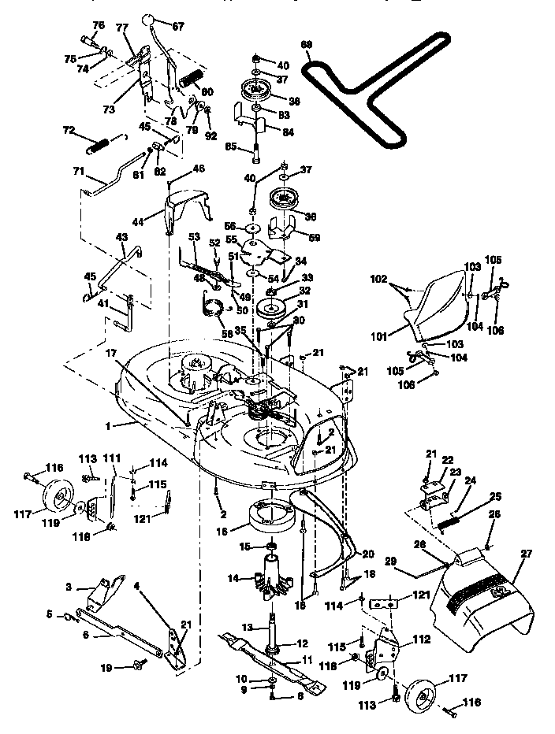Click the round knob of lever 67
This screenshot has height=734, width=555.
[150, 20]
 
